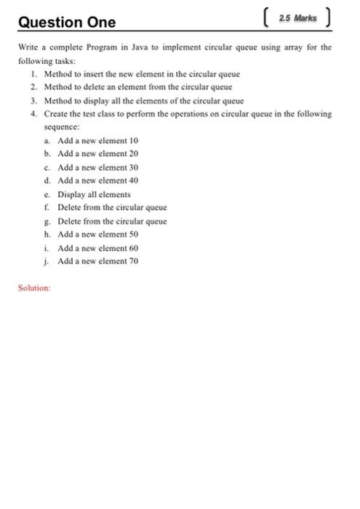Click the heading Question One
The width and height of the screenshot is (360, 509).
[x=67, y=23]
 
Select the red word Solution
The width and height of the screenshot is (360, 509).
[x=34, y=288]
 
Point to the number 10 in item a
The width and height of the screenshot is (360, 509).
[x=133, y=140]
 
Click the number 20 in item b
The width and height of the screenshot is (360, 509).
[x=133, y=153]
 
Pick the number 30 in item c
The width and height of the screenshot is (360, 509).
[x=133, y=167]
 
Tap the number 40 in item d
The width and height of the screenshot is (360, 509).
[x=133, y=180]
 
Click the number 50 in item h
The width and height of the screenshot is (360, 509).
[x=133, y=234]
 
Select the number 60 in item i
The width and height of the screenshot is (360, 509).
[x=133, y=248]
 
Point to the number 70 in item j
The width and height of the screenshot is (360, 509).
[x=133, y=261]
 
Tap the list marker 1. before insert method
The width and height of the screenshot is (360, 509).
[x=34, y=74]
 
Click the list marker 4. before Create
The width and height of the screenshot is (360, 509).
[x=34, y=114]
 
